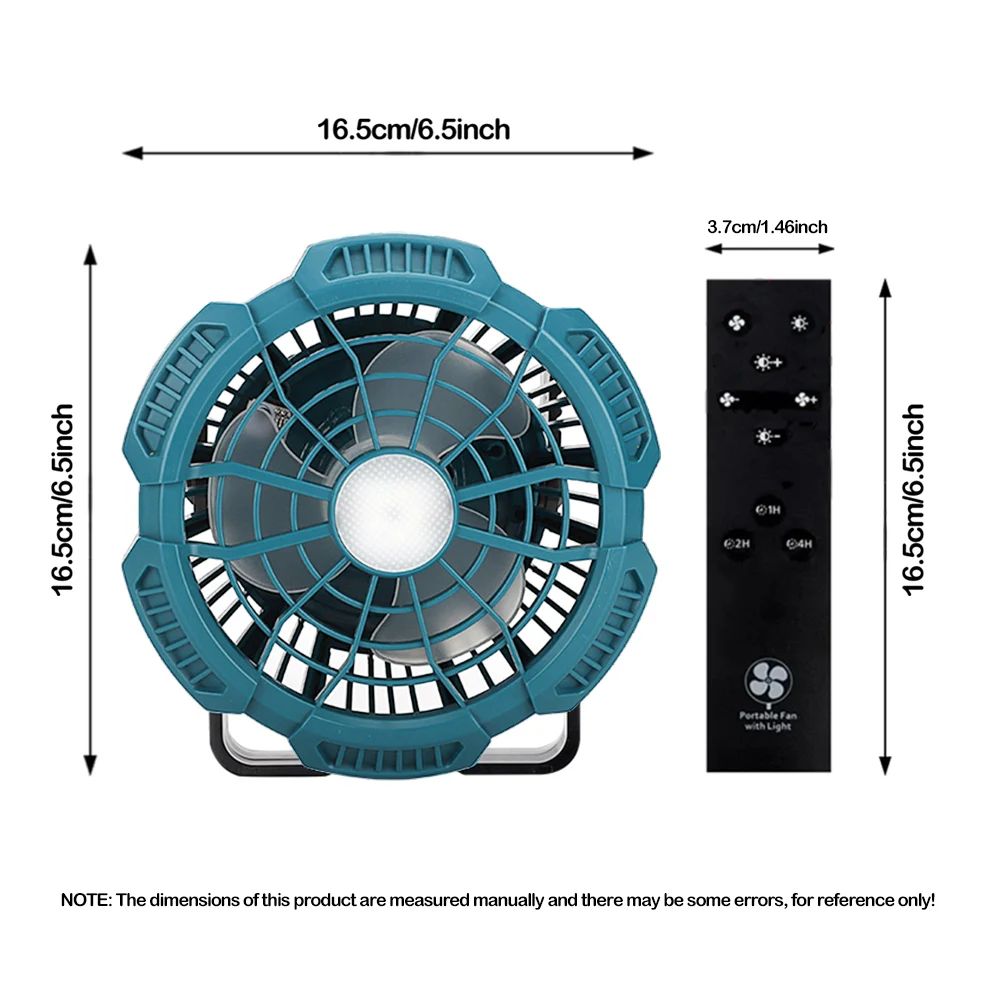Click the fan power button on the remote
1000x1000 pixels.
[x=733, y=324]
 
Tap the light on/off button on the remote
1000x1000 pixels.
[x=798, y=323]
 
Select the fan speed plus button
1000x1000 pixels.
[x=806, y=400]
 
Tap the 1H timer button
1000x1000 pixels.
[x=767, y=510]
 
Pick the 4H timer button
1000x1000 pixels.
[x=799, y=543]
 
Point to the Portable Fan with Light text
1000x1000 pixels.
[x=767, y=720]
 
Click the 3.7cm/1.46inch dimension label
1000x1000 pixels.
[x=767, y=227]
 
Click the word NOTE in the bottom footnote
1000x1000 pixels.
[x=86, y=900]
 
